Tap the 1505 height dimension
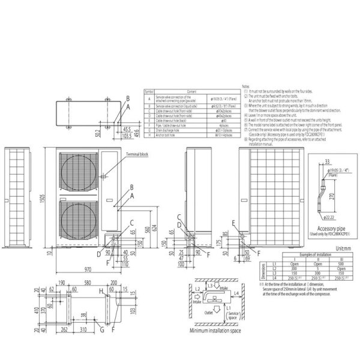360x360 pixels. tap(44, 202)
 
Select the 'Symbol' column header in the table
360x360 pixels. tap(149, 89)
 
